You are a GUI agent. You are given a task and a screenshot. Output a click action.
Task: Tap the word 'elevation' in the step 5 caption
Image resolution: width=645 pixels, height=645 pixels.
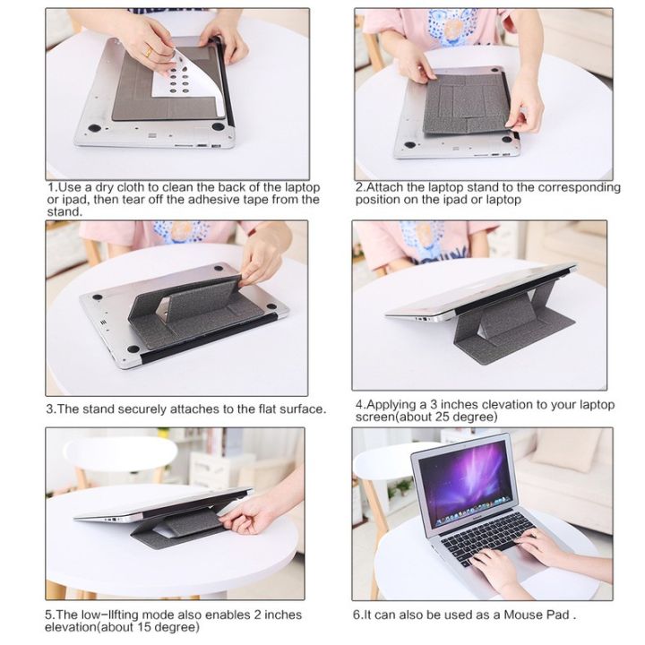[75, 627]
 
